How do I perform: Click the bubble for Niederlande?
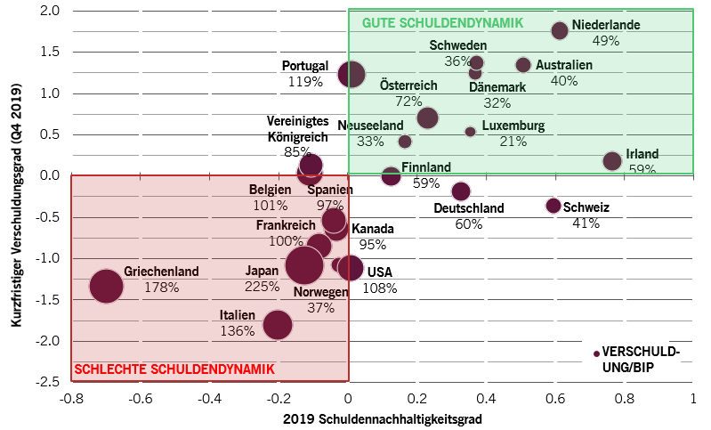560,30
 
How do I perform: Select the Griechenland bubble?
106,286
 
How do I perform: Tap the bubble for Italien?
278,325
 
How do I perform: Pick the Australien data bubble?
523,65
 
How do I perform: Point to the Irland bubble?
612,161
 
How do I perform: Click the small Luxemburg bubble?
471,132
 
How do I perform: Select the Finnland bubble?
391,176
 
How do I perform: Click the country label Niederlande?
606,25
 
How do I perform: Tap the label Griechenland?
161,272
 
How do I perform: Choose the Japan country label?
262,272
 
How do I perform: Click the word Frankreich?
286,225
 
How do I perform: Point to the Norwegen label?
320,292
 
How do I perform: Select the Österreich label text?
408,85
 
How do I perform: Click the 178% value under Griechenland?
161,288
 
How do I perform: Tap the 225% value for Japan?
262,287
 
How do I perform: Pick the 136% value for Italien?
238,331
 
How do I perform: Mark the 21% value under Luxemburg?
513,142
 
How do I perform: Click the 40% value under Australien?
564,81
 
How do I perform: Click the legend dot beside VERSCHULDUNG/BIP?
596,353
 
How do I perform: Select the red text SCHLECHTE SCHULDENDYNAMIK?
174,369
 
